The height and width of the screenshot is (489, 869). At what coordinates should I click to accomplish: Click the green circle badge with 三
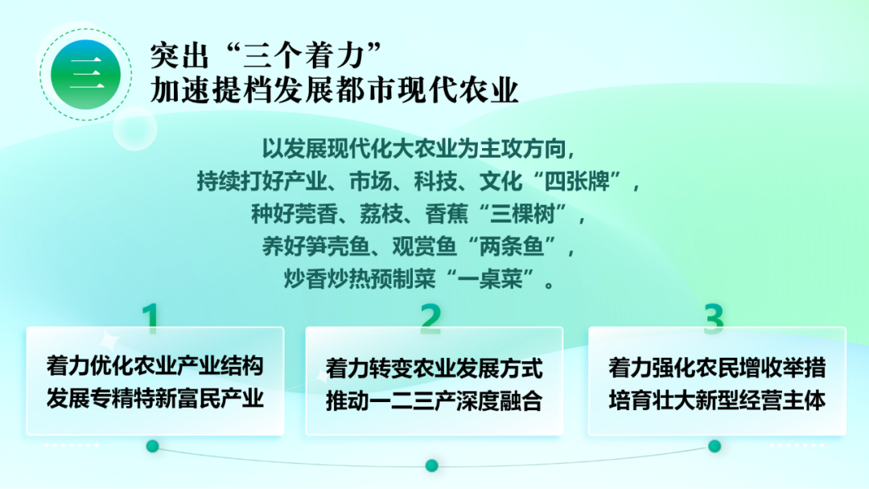point(86,74)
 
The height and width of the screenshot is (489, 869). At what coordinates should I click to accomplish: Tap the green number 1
point(150,318)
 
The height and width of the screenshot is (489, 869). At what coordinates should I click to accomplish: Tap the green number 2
point(431,318)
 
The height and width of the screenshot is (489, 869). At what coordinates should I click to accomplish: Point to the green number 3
point(714,318)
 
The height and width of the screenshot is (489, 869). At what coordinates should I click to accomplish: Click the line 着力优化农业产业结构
point(155,366)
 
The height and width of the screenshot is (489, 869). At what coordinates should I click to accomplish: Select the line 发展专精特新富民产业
point(155,398)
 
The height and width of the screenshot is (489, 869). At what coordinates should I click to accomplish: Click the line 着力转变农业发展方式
point(434,368)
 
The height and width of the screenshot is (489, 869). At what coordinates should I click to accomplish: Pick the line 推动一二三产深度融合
point(434,401)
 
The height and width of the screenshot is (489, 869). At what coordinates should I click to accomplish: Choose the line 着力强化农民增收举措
point(717,368)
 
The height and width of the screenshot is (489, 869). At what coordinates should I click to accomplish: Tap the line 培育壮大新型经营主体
point(717,400)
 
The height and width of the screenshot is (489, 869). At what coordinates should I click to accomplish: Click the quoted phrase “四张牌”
point(577,181)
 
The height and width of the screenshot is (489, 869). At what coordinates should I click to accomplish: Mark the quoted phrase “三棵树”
point(523,213)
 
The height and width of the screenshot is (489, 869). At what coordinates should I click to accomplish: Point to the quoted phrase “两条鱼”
point(512,246)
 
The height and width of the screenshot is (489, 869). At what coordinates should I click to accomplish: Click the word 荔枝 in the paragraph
point(381,214)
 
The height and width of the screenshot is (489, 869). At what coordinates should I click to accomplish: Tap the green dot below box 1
point(152,446)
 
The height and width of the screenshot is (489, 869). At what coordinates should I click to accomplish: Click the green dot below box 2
point(432,465)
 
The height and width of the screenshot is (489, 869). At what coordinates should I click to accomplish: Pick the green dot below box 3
point(715,446)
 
